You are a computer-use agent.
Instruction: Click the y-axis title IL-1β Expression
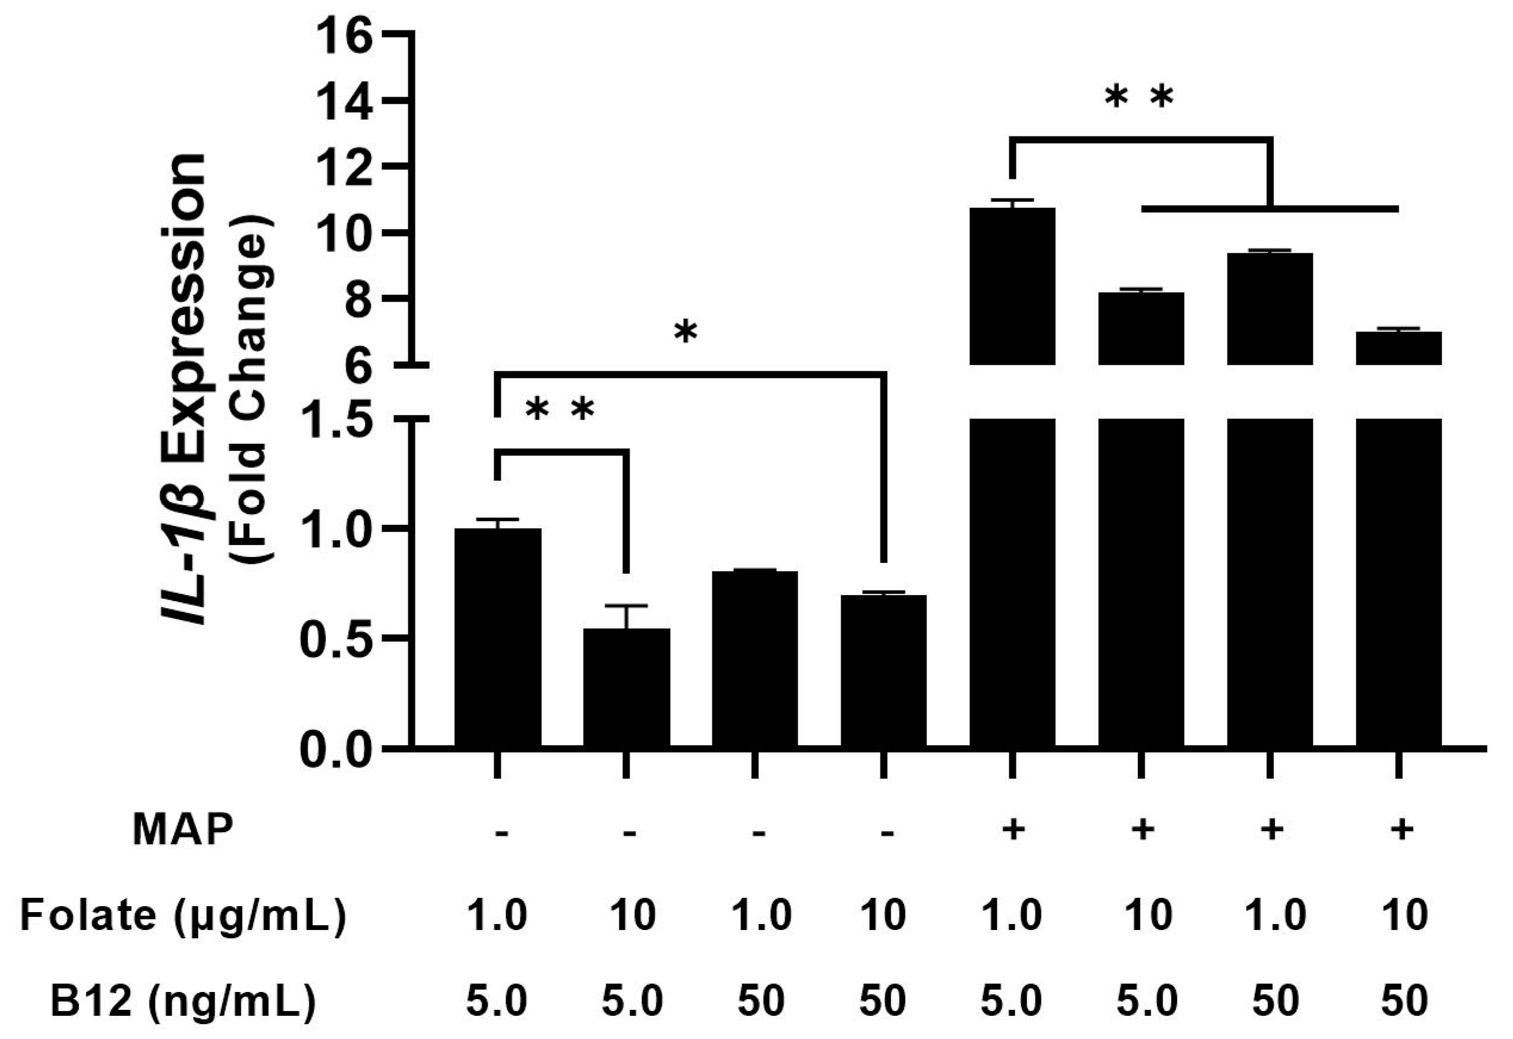[184, 391]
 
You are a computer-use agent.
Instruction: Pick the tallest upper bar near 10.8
[1012, 287]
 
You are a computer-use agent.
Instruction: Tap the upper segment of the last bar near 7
[1399, 349]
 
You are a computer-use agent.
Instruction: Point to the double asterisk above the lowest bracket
[560, 412]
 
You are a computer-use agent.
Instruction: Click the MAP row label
[183, 830]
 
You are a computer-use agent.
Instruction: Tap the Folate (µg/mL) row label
[183, 914]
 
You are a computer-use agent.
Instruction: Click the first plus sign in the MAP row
[1012, 830]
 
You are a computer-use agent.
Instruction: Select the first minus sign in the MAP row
[500, 833]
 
